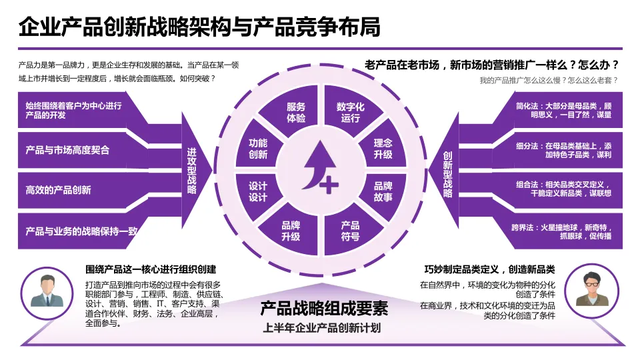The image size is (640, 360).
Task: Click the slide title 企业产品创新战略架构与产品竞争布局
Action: click(x=199, y=27)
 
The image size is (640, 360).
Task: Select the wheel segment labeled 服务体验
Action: click(x=296, y=113)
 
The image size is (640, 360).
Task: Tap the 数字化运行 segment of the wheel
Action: click(x=350, y=113)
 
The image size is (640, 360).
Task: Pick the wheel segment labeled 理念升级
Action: click(x=383, y=149)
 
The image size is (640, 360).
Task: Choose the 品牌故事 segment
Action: click(x=383, y=191)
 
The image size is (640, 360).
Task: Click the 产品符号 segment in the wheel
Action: click(x=350, y=231)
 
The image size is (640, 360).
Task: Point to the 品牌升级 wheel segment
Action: click(x=291, y=231)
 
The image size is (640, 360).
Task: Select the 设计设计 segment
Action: click(x=258, y=191)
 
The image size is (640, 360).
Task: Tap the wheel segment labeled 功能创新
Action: click(x=258, y=149)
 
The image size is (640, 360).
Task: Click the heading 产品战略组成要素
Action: click(x=323, y=308)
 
